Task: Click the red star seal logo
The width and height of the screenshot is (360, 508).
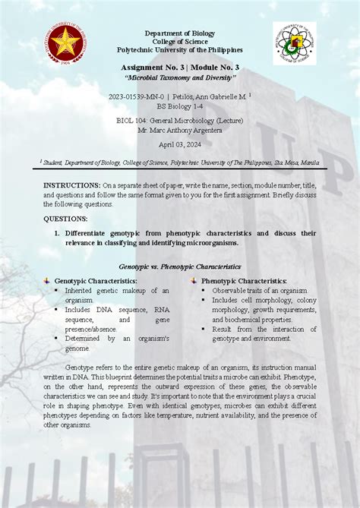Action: click(65, 45)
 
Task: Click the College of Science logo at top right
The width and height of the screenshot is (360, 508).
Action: click(294, 43)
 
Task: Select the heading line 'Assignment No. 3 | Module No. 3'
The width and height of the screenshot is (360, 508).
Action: click(181, 68)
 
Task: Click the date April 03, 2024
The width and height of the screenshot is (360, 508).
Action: click(180, 144)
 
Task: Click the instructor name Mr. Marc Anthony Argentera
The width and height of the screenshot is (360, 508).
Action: click(180, 130)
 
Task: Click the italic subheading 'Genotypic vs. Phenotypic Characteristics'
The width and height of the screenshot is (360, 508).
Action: click(180, 267)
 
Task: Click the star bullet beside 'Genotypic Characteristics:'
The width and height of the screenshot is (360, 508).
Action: click(46, 281)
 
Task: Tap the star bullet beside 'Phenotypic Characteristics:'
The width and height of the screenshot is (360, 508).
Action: click(194, 281)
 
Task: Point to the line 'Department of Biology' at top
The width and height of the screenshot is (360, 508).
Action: click(181, 33)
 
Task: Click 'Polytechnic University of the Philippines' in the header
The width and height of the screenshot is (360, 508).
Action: click(180, 49)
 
